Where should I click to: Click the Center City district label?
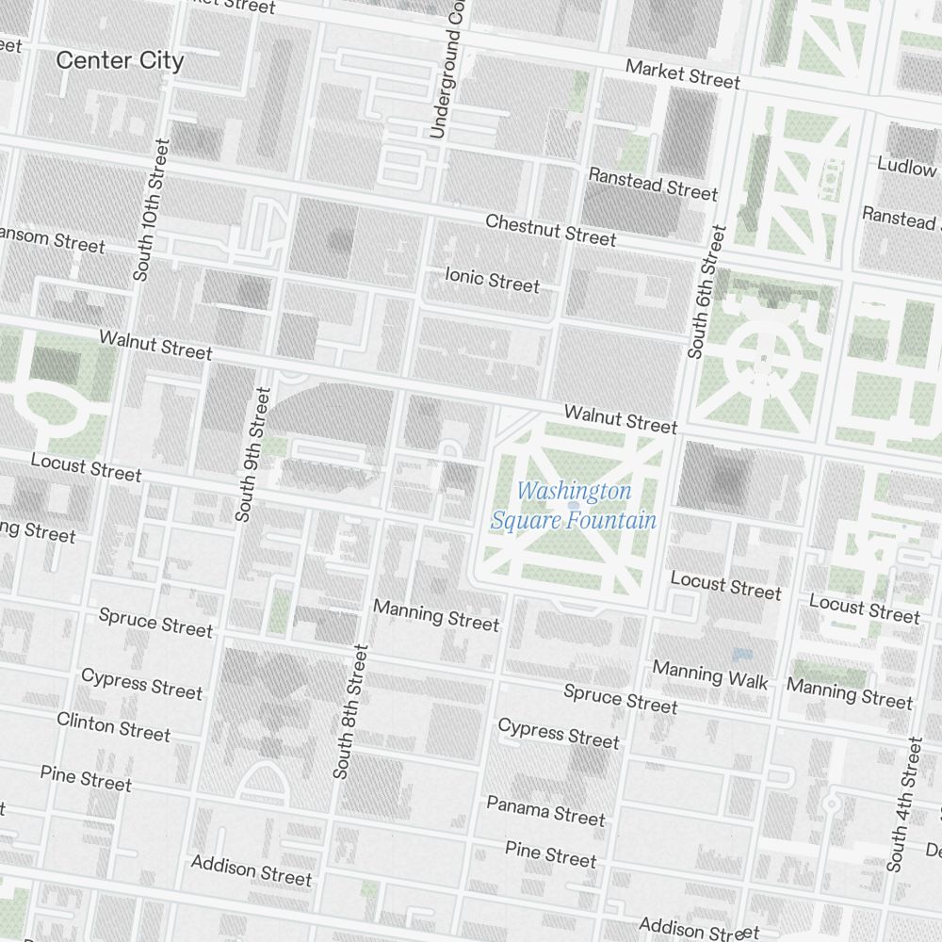pyautogui.click(x=120, y=61)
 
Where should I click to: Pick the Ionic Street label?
pyautogui.click(x=493, y=280)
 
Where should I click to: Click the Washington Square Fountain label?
pyautogui.click(x=574, y=506)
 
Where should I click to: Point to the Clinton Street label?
pyautogui.click(x=114, y=727)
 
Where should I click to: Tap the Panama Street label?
pyautogui.click(x=545, y=810)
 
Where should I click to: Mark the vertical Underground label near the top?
pyautogui.click(x=446, y=71)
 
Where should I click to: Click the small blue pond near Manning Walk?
pyautogui.click(x=742, y=654)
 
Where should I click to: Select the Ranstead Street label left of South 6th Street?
pyautogui.click(x=653, y=183)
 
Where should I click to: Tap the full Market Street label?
pyautogui.click(x=683, y=74)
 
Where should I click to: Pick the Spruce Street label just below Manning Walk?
pyautogui.click(x=620, y=699)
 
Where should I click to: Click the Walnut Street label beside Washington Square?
pyautogui.click(x=620, y=419)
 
